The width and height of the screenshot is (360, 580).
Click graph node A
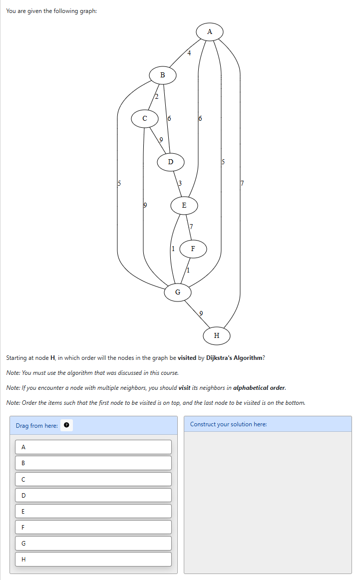coord(209,32)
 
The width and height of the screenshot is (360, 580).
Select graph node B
coord(162,75)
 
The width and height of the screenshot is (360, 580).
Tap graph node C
coord(145,118)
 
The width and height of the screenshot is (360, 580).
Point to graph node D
coord(171,162)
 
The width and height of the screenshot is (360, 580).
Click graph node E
coord(184,205)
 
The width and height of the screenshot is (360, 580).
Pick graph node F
coord(193,248)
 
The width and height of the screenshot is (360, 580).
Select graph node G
coord(178,291)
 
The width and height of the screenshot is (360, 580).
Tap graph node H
coord(216,335)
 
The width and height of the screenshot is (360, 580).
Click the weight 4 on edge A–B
coord(189,53)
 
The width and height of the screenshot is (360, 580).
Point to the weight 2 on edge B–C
coord(156,96)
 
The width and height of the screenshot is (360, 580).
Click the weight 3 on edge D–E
coord(180,184)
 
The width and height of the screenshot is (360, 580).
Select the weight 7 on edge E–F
coord(191,227)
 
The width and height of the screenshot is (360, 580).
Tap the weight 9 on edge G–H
coord(201,313)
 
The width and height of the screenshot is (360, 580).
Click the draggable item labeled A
coord(93,447)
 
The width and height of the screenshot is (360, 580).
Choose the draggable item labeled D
coord(93,495)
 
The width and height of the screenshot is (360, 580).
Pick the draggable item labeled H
coord(93,559)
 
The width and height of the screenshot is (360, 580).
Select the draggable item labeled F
coord(93,527)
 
